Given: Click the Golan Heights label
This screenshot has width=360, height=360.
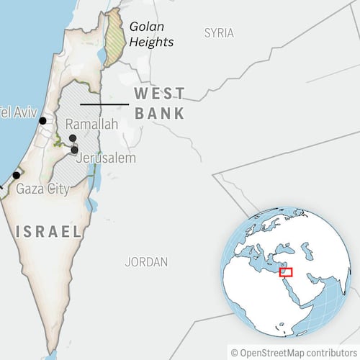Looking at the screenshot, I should (x=150, y=35).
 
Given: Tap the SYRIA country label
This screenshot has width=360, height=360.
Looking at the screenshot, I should (x=219, y=32).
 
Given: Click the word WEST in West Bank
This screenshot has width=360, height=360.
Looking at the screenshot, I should (x=159, y=94).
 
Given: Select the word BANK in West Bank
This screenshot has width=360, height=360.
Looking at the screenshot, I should (x=159, y=113).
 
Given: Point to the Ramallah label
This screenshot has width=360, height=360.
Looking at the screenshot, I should (x=91, y=125).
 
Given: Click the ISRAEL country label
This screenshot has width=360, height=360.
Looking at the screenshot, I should (x=48, y=232).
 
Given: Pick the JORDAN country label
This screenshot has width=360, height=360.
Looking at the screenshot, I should (x=146, y=262).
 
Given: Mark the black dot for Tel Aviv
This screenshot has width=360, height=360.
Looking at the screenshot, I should (x=43, y=121).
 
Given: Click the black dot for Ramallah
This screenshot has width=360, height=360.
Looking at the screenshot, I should (x=72, y=138).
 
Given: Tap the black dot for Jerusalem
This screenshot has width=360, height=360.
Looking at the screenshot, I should (x=75, y=149).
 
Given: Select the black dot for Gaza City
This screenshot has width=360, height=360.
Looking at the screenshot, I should (x=16, y=175).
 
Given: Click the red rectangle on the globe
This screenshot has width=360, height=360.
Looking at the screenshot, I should (x=286, y=272).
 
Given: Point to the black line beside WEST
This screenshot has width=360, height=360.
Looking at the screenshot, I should (x=104, y=104).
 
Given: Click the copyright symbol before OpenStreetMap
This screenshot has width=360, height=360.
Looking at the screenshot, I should (x=235, y=352).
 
